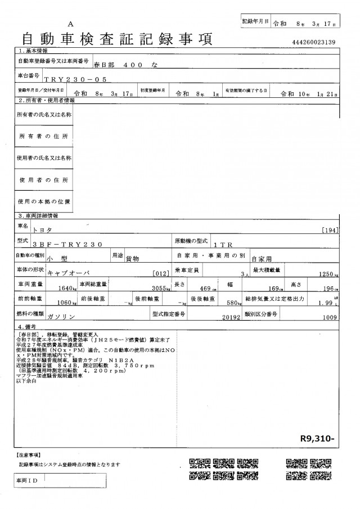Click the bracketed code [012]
click(161, 274)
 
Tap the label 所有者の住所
click(43, 136)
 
